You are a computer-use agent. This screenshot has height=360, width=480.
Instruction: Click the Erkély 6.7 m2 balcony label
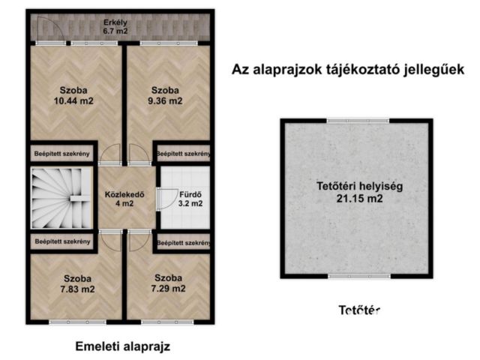coord(115,26)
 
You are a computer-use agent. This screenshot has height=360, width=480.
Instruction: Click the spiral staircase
coord(60,199)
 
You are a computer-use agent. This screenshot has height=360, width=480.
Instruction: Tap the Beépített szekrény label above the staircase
coord(62,154)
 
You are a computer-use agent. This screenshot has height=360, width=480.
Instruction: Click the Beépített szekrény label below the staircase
coord(62,241)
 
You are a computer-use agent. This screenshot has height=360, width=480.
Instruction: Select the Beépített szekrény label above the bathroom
coord(182,154)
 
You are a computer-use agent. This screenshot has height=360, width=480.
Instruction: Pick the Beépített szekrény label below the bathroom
coord(182,243)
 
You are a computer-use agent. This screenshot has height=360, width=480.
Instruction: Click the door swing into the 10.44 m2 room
coord(111,154)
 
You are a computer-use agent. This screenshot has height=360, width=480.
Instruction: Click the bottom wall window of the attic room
coord(357,276)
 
